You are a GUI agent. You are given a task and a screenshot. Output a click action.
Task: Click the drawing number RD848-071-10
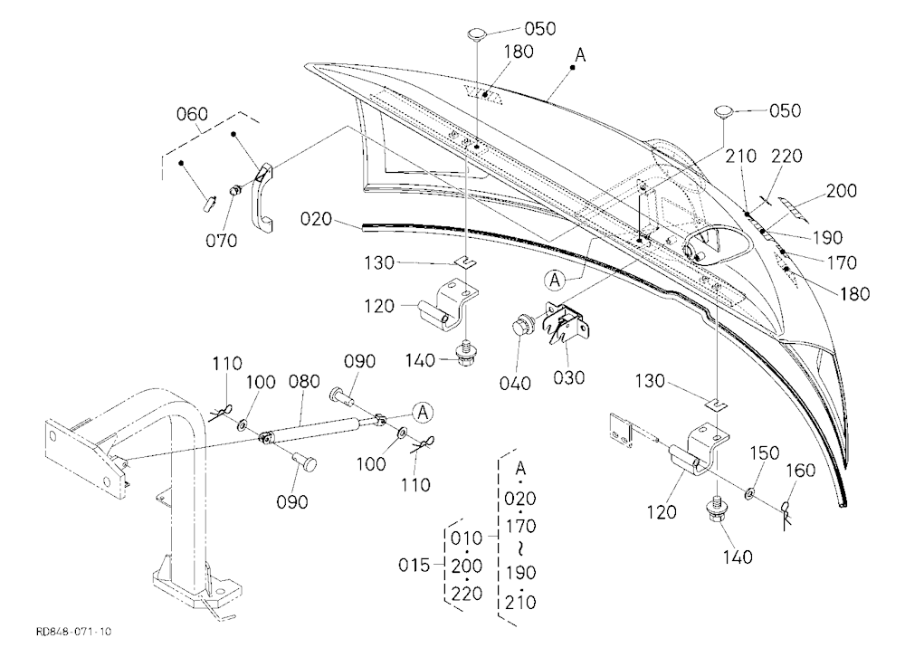(73, 632)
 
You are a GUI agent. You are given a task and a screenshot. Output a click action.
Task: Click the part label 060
(192, 114)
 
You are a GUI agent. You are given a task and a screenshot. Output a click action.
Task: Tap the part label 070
(221, 240)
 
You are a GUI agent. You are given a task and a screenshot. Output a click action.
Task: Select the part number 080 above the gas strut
(304, 382)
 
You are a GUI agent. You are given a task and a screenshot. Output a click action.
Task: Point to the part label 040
(515, 383)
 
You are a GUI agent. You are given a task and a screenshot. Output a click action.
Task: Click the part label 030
(569, 377)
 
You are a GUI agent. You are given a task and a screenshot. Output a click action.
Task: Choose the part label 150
(764, 452)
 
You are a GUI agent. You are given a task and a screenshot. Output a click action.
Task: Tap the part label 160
(801, 471)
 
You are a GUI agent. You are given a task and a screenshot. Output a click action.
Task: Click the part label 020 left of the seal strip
(316, 219)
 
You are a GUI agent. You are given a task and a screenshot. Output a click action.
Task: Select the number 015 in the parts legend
(414, 565)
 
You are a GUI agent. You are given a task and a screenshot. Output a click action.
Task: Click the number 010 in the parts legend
(466, 538)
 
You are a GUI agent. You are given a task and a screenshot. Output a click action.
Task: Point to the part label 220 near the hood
(786, 156)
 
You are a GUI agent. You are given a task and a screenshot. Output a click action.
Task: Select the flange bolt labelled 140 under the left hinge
(464, 353)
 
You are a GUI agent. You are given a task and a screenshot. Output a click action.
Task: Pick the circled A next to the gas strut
(423, 413)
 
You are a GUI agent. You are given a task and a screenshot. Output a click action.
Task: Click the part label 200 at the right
(841, 191)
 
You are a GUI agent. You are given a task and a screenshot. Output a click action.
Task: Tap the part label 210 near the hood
(741, 156)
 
